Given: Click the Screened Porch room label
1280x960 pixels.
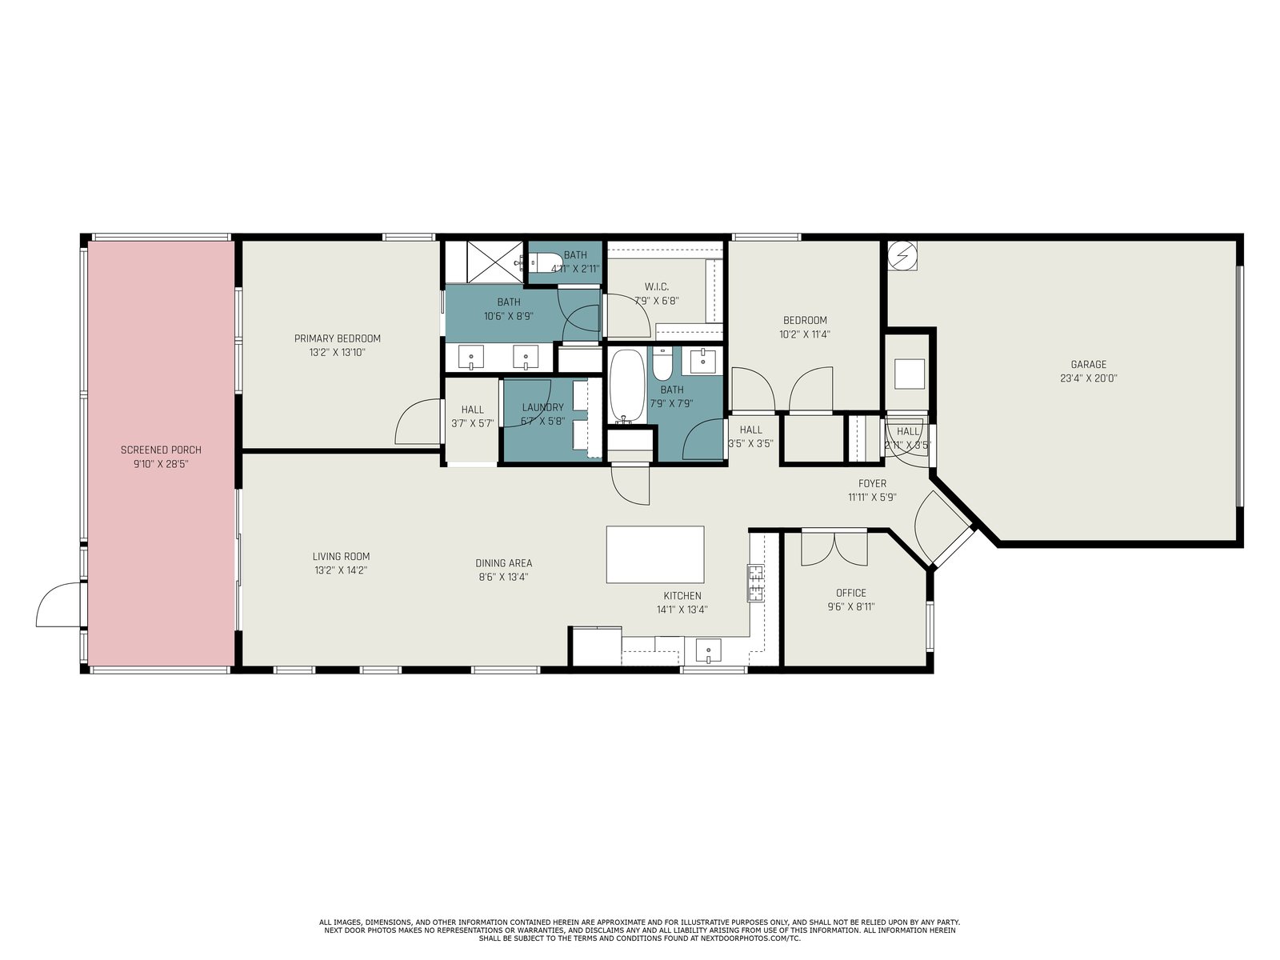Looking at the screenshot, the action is point(161,450).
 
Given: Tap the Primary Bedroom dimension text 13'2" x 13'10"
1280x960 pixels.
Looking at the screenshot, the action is point(338,352).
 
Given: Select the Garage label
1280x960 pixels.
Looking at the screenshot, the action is point(1088,364).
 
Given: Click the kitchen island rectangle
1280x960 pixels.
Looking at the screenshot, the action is point(655,554).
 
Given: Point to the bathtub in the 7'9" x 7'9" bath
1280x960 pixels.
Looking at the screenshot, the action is point(627,386).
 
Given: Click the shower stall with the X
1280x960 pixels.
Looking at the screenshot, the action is point(495,262).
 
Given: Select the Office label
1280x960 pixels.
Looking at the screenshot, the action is point(851,593).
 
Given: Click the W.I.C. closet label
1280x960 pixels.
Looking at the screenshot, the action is point(657,286).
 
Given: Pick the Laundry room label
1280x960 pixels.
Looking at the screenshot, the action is point(543,407).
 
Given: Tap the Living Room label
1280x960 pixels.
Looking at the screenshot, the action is point(341,557).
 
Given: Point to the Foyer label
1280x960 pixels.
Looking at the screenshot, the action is point(872,483).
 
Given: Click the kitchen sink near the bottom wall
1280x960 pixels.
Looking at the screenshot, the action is point(708,650).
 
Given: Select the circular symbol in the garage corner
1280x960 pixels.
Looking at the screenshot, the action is point(902,255).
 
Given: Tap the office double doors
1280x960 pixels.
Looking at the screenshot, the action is point(834,549).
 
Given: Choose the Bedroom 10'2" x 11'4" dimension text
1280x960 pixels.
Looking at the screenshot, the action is point(805,334).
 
